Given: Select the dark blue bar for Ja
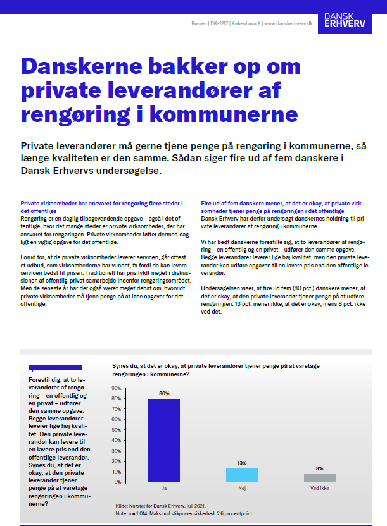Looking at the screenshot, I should click(164, 441).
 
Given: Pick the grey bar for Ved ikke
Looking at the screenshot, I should click(320, 478).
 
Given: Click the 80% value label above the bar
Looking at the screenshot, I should click(164, 393).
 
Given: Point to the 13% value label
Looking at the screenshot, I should click(242, 463).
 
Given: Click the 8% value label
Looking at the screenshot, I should click(320, 468).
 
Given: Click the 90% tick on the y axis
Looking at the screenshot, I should click(117, 388).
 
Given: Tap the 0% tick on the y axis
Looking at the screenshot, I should click(118, 482).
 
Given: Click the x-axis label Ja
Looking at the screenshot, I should click(164, 489).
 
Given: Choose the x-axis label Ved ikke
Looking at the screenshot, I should click(320, 489).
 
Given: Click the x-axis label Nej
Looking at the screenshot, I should click(242, 489).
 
